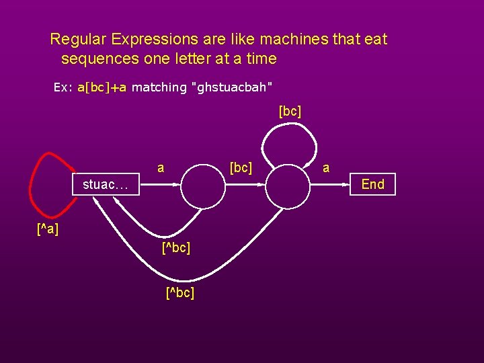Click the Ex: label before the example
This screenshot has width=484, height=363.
[x=63, y=87]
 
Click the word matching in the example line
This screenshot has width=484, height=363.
[x=159, y=87]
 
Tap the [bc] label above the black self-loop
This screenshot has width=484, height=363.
[x=290, y=111]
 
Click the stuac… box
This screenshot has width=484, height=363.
[x=106, y=184]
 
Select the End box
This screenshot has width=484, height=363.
[x=373, y=184]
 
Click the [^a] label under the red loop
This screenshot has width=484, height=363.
[x=48, y=230]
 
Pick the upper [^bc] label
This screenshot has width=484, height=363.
[x=176, y=248]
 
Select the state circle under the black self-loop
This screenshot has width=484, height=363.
[x=290, y=185]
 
